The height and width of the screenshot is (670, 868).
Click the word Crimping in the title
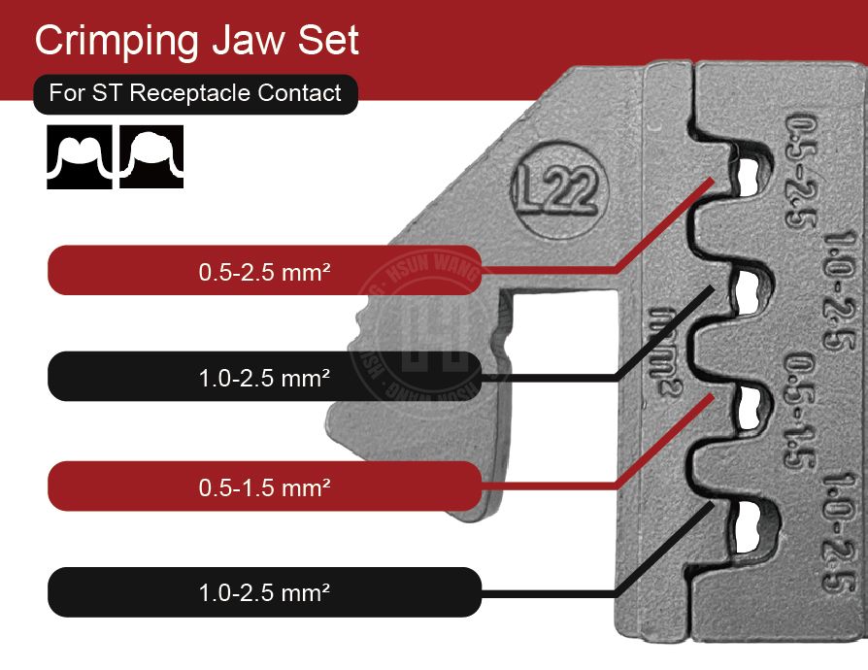click(116, 41)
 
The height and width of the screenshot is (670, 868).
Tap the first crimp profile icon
click(80, 155)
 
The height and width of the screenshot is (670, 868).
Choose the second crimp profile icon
click(151, 155)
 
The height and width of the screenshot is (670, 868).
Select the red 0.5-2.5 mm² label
click(264, 271)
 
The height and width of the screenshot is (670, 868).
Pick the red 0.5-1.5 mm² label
click(264, 485)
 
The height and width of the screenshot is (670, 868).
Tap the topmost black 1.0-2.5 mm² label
click(264, 376)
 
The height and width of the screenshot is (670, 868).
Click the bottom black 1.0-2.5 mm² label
click(264, 591)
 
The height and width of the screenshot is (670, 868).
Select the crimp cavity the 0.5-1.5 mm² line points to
click(746, 405)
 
